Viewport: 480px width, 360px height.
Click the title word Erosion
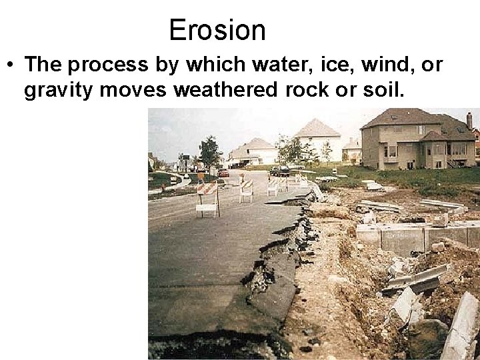(217, 30)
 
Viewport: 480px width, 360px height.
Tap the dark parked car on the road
(279, 171)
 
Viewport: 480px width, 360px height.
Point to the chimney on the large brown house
(469, 120)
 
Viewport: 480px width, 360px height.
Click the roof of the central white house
(317, 129)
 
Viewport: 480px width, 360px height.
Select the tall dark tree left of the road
(209, 151)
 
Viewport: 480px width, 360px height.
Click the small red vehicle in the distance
(223, 173)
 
